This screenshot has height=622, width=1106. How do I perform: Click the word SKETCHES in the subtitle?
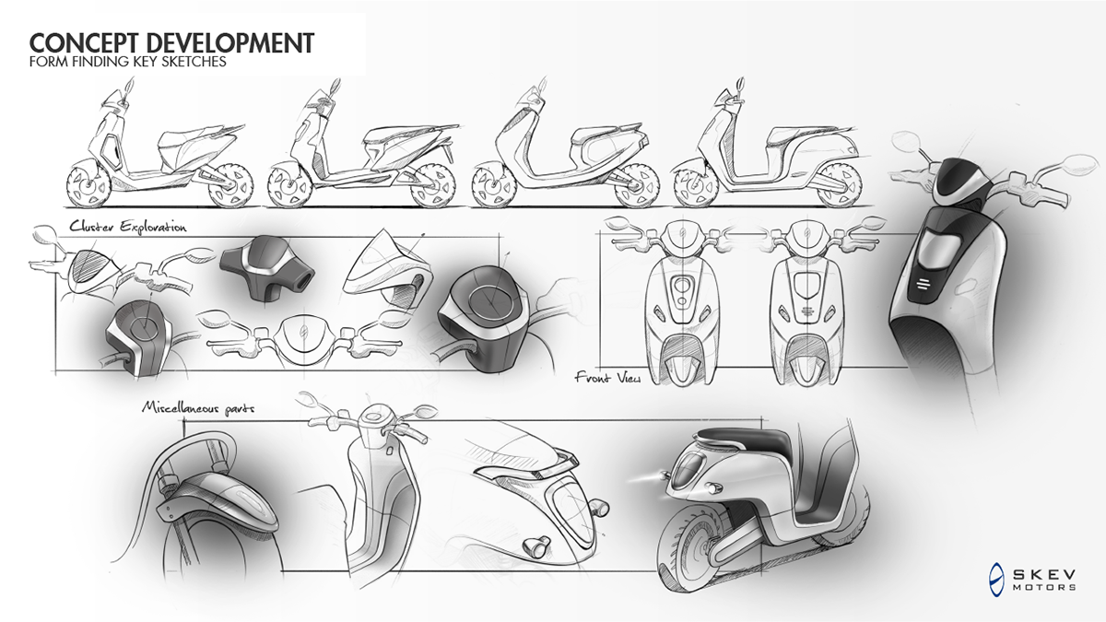tap(191, 64)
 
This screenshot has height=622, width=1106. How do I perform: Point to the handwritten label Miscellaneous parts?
tap(197, 405)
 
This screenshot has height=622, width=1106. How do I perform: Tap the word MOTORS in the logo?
tap(1044, 586)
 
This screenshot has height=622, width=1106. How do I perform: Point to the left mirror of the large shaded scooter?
tap(907, 143)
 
